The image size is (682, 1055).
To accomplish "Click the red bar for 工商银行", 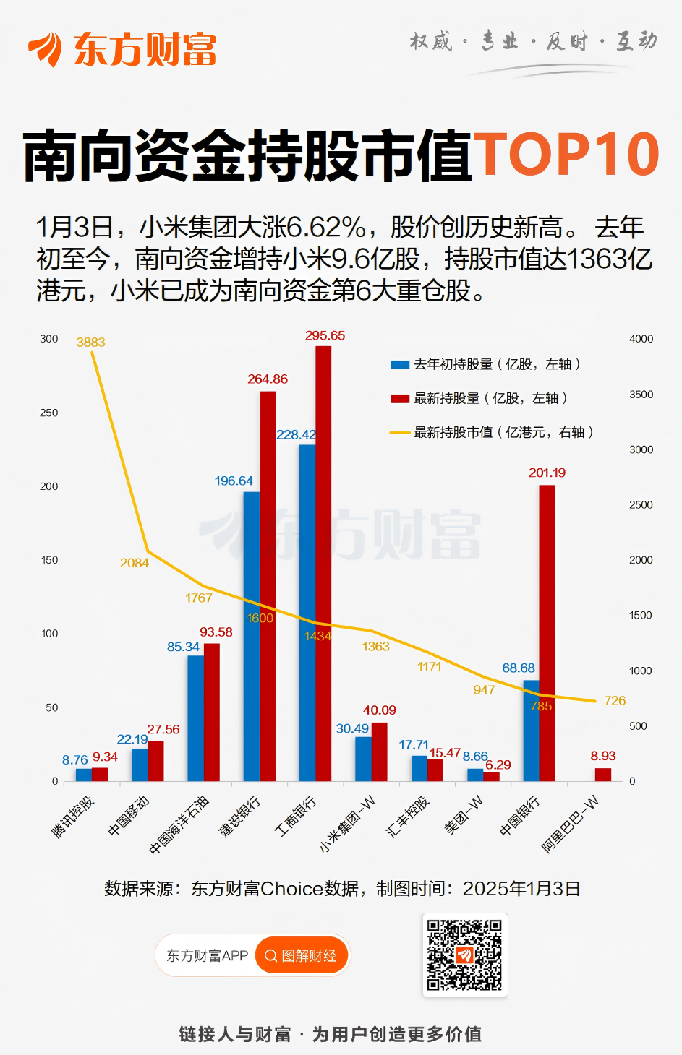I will tap(323, 564).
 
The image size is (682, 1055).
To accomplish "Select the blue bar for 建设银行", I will tap(252, 636).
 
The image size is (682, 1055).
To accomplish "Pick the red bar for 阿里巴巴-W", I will tap(603, 775).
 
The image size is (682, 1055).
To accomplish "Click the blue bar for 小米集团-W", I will tap(363, 759).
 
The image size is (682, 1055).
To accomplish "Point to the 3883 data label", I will tap(91, 343).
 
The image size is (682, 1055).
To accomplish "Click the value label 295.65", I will tap(325, 336).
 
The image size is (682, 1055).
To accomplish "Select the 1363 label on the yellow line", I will tap(375, 647).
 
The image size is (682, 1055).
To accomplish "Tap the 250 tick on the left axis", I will tap(49, 413).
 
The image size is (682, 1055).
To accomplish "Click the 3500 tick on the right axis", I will tap(641, 395).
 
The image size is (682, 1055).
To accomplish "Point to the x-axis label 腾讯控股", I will tap(73, 817).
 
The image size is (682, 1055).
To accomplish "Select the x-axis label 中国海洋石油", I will tap(179, 824).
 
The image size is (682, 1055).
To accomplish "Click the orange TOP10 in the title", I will tap(566, 155).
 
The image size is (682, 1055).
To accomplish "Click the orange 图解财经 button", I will tap(302, 955).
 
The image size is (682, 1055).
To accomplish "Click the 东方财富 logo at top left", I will tap(123, 49).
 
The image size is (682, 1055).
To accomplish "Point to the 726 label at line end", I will tap(615, 701).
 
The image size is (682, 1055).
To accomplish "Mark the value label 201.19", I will tap(547, 473).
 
